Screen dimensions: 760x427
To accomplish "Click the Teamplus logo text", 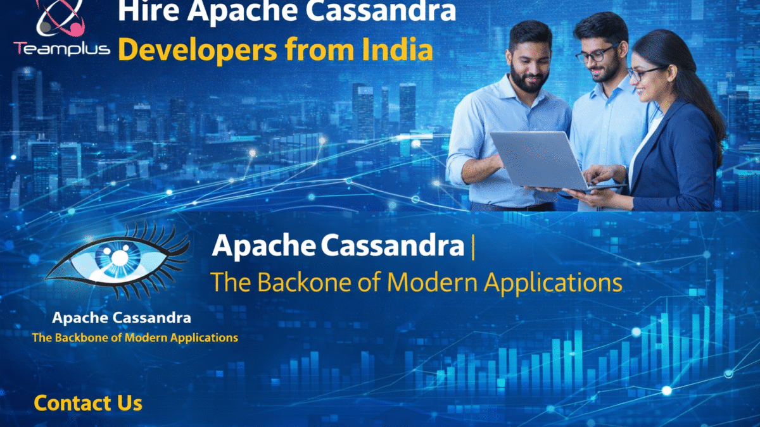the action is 62,49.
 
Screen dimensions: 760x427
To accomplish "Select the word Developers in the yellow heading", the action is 198,50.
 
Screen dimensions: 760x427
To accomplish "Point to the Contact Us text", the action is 88,403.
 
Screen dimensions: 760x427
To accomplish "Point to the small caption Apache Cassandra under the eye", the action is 122,318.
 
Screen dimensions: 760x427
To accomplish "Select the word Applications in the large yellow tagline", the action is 553,283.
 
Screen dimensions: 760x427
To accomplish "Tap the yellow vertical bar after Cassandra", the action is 473,247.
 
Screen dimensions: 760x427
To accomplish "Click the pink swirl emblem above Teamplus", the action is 60,18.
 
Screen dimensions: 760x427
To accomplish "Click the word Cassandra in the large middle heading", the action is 393,245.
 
